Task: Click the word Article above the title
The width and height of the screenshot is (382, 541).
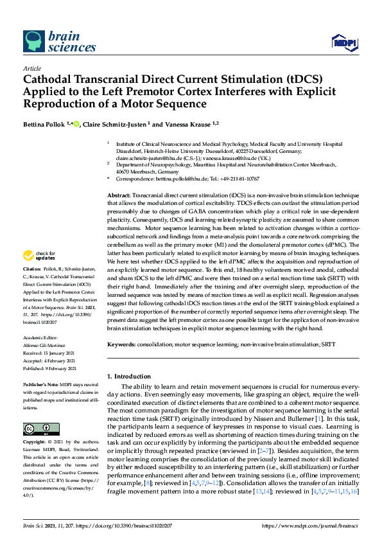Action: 31,68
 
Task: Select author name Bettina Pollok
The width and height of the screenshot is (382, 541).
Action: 44,124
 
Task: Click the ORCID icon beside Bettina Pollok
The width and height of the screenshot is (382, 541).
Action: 76,123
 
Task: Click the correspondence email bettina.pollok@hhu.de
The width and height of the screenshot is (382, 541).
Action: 173,179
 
